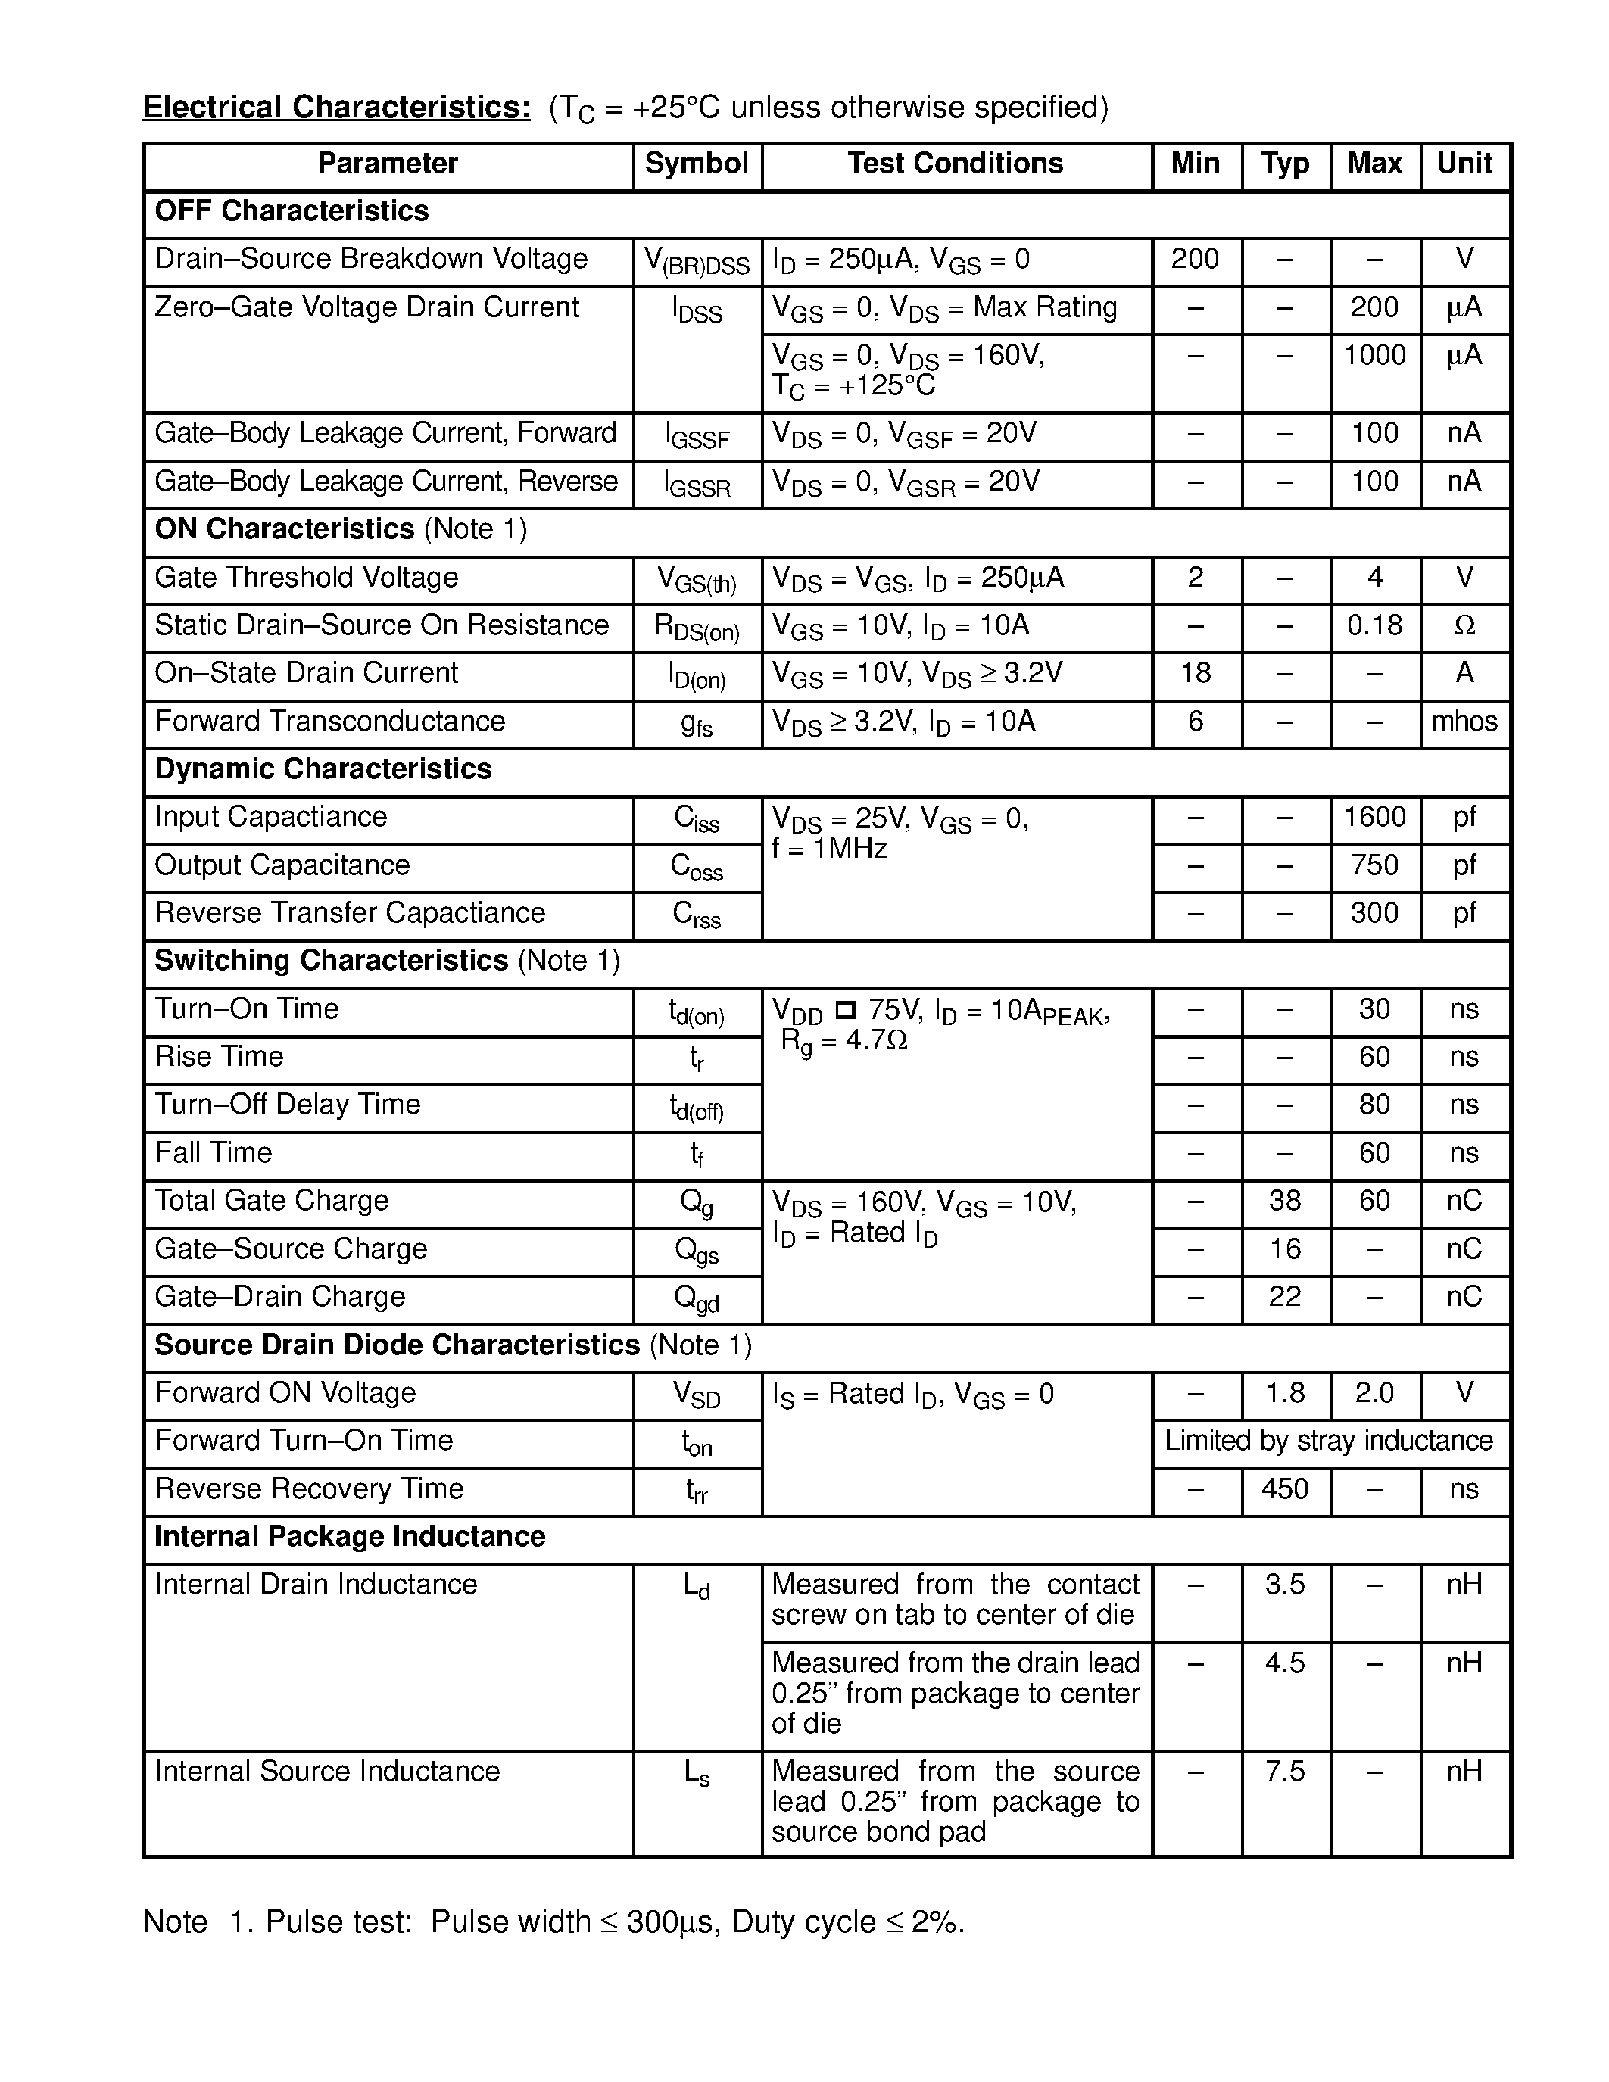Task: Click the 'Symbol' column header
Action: point(697,163)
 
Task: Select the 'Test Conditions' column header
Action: point(955,163)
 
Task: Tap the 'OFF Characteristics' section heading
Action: point(292,210)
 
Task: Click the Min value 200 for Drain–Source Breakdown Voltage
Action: point(1196,259)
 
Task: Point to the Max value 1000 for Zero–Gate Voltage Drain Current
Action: point(1374,356)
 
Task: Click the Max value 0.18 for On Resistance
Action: point(1374,625)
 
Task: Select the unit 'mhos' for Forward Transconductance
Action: point(1464,722)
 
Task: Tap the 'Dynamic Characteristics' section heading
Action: point(323,769)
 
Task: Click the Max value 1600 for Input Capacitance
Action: point(1374,817)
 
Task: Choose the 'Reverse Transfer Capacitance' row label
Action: point(350,913)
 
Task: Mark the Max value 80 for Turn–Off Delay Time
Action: point(1374,1105)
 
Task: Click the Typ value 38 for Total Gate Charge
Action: point(1285,1202)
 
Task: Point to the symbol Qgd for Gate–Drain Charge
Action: point(697,1298)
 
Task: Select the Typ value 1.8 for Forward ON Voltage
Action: point(1285,1394)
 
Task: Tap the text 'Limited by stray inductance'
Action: point(1329,1441)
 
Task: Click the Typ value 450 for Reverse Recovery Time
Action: point(1285,1489)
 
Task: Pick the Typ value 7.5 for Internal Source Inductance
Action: point(1285,1772)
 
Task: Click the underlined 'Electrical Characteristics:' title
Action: point(336,108)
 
